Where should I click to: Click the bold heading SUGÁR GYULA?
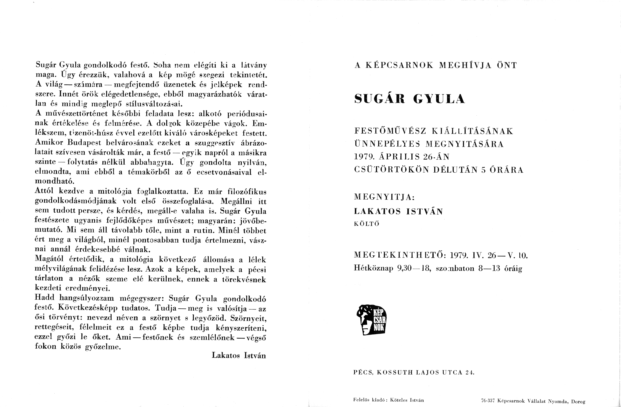[409, 99]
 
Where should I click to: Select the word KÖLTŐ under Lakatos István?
[366, 224]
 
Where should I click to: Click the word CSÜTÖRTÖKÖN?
[391, 170]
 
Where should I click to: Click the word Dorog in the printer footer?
[578, 402]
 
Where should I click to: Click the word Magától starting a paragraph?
[49, 260]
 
